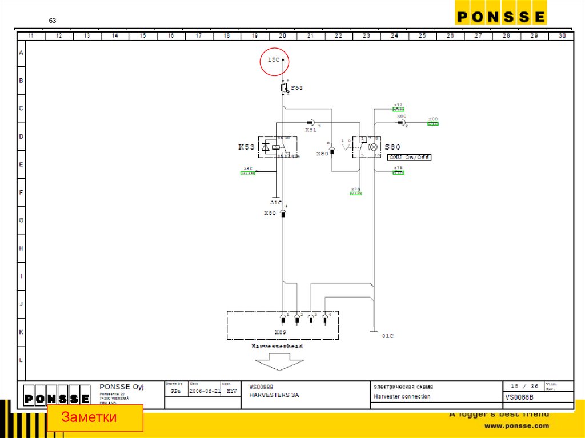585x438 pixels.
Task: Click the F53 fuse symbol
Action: click(x=284, y=88)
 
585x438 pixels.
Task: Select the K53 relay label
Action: click(x=246, y=147)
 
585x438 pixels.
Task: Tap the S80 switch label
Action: click(x=392, y=147)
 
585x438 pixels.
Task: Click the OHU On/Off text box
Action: click(x=409, y=158)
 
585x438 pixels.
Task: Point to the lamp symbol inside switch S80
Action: click(x=374, y=147)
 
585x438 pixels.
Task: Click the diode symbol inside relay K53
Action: click(x=266, y=147)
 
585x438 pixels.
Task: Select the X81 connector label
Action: click(x=311, y=130)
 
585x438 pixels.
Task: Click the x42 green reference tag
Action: click(x=248, y=172)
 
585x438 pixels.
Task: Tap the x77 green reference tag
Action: click(x=399, y=107)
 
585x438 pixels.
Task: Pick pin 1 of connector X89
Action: click(x=283, y=318)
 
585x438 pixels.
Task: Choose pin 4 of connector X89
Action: click(x=324, y=318)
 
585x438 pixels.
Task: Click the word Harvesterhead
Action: click(x=277, y=347)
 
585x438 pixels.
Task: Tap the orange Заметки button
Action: click(x=95, y=417)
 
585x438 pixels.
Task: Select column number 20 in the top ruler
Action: click(x=282, y=36)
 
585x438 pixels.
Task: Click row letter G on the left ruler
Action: click(x=21, y=220)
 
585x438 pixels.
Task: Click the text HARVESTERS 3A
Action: click(x=274, y=395)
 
